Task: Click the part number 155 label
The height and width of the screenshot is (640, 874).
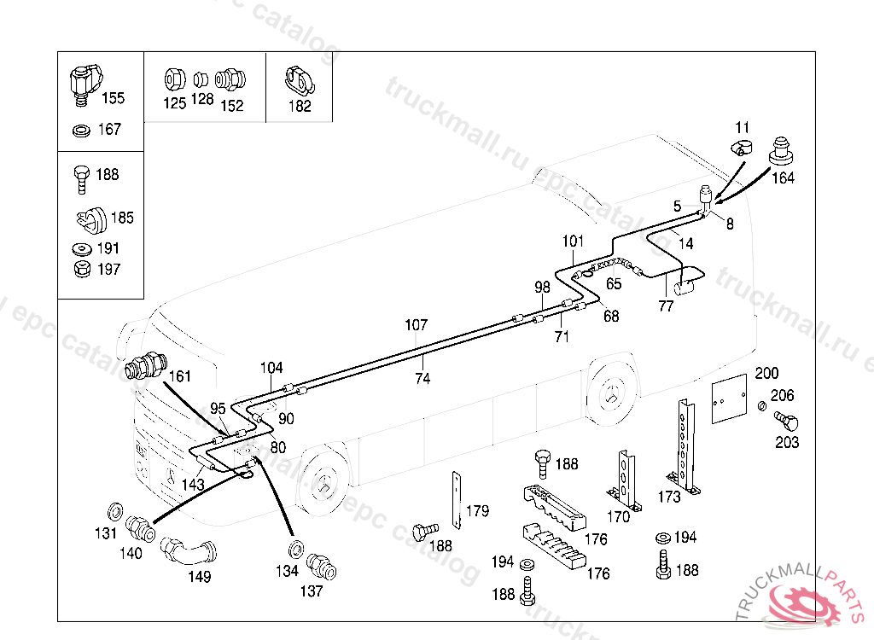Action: point(113,98)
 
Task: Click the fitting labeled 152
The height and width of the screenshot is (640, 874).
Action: point(230,80)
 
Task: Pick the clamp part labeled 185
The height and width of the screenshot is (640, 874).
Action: point(89,219)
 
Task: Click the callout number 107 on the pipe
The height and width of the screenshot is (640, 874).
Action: point(416,325)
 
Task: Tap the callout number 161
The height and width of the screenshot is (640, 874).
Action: point(180,375)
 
